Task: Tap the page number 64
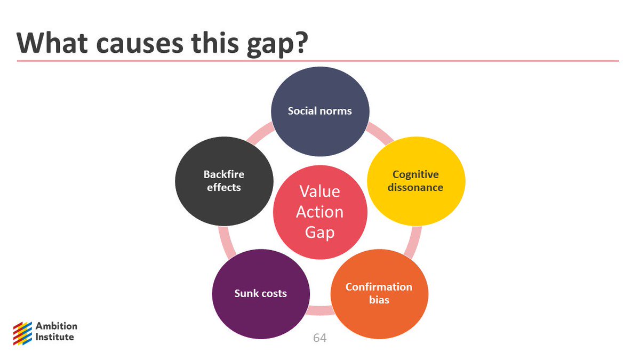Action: [320, 338]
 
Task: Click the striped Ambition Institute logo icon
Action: [22, 332]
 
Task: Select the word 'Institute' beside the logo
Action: [55, 337]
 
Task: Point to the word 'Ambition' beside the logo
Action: [57, 326]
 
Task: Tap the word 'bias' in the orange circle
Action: [379, 300]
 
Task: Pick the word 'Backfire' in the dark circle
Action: [223, 174]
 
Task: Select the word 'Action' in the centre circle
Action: [320, 212]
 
